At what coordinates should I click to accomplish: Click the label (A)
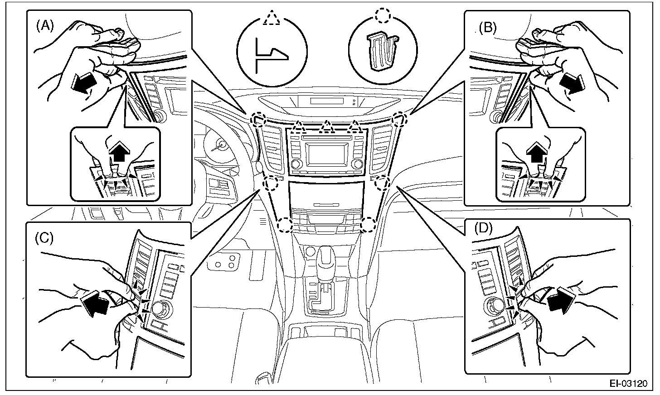point(45,26)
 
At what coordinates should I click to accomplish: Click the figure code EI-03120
point(628,384)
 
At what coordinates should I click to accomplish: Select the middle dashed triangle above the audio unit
point(325,128)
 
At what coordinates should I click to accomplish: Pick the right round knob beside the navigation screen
point(357,164)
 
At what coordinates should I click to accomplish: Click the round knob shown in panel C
point(159,309)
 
